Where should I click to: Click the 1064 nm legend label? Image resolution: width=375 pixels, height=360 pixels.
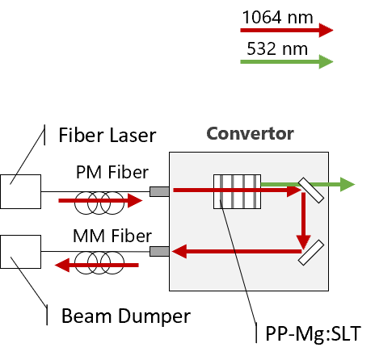click(x=277, y=17)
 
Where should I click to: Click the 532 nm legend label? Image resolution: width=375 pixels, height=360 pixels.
click(x=277, y=48)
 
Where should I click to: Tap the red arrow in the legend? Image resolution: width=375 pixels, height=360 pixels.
click(x=287, y=30)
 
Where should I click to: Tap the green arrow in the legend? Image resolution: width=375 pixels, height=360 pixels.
click(x=287, y=61)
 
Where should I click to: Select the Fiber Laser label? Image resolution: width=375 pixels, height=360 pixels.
click(x=107, y=135)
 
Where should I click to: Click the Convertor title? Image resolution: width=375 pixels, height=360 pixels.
click(x=250, y=134)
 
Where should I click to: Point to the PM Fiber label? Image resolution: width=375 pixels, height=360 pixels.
click(x=112, y=172)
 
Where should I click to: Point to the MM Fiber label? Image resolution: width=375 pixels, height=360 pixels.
click(x=112, y=236)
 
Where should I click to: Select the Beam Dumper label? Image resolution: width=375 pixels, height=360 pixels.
click(x=126, y=316)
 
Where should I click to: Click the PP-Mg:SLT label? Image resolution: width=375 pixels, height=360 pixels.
click(x=313, y=334)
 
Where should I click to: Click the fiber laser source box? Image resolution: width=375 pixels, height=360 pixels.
click(x=21, y=191)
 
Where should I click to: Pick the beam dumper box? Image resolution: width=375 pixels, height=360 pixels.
click(x=21, y=252)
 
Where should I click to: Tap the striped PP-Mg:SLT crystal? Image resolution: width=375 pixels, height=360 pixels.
click(x=237, y=191)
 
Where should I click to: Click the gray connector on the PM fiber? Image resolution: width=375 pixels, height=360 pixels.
click(x=159, y=191)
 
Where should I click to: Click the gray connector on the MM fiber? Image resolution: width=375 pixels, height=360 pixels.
click(x=159, y=252)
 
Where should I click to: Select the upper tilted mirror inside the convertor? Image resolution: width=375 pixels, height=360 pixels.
click(x=311, y=190)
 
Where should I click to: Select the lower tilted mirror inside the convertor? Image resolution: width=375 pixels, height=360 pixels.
click(x=311, y=253)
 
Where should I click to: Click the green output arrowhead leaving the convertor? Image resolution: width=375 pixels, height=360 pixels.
click(x=348, y=184)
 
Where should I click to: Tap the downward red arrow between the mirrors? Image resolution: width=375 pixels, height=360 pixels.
click(x=304, y=220)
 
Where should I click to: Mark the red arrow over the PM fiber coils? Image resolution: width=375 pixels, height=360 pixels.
click(x=100, y=200)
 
